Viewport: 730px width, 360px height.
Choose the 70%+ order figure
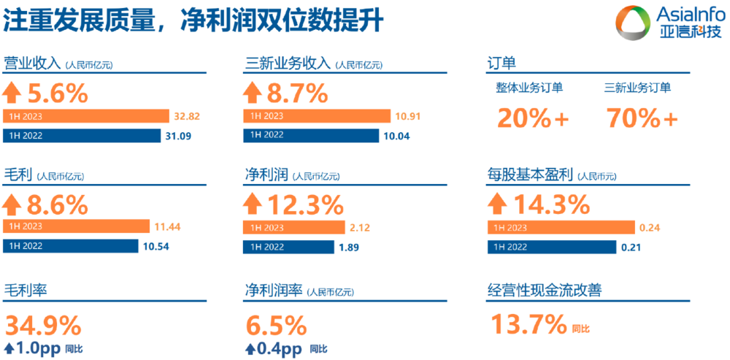point(642,118)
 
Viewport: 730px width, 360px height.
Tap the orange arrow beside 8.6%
point(13,202)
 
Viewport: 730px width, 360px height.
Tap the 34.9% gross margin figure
point(44,323)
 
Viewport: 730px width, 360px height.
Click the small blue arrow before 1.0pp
point(9,348)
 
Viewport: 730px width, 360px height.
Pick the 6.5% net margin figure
point(276,323)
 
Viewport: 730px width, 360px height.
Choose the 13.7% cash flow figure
point(529,323)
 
